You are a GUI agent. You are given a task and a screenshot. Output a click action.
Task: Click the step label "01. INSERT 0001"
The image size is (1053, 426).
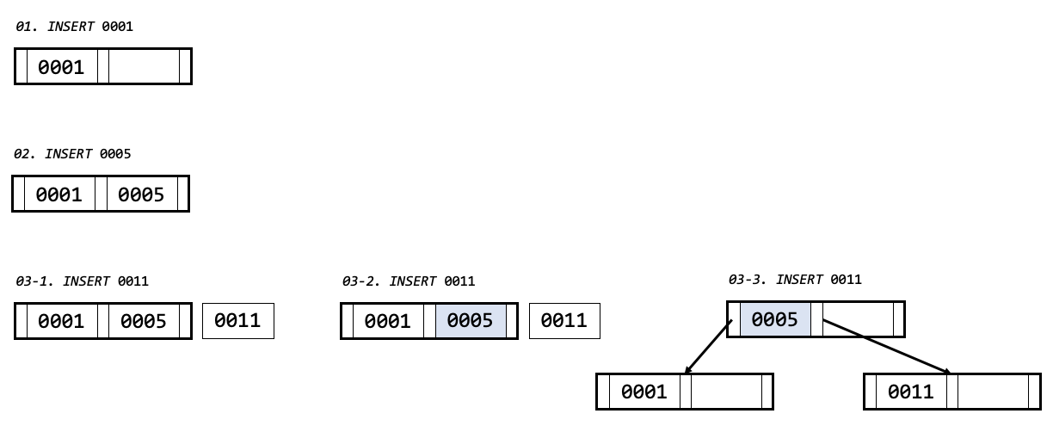coord(75,27)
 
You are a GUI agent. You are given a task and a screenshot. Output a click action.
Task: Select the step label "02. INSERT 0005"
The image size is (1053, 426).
coord(72,154)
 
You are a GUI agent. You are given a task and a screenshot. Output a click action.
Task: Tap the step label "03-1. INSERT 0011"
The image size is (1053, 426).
coord(83,281)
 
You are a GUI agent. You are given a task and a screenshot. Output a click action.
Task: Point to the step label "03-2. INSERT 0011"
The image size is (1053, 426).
coord(409,281)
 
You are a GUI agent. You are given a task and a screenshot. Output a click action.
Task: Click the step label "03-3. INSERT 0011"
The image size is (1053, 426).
coord(795,280)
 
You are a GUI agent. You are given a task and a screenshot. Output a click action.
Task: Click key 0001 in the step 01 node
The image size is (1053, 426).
coord(61,67)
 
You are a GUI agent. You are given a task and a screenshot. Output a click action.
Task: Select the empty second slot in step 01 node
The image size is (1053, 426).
coord(144,67)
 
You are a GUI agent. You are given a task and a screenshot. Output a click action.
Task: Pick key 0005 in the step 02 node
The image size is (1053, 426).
coord(141,194)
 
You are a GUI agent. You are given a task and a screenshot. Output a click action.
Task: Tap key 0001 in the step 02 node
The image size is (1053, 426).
coord(58,194)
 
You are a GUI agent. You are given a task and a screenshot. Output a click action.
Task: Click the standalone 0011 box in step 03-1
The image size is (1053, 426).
coord(237,321)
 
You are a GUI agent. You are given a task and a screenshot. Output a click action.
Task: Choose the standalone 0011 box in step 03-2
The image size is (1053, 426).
coord(563,321)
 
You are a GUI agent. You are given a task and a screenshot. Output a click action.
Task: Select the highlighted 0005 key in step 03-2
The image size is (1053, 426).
coord(470,321)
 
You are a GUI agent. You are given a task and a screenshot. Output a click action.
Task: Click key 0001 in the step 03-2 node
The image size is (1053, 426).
coord(387,321)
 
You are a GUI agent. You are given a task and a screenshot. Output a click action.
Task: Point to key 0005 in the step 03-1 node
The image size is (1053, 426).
coord(144,321)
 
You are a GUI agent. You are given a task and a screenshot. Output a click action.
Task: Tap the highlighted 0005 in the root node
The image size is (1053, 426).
coord(774,320)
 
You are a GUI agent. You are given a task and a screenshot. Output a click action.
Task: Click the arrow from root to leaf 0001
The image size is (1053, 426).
coord(709,347)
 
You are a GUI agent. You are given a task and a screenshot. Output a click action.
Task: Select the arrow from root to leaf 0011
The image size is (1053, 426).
coord(886,347)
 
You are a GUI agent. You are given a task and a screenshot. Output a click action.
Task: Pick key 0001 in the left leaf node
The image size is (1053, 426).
coord(643,392)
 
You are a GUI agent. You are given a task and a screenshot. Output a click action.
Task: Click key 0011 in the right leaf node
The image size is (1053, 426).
coord(911,392)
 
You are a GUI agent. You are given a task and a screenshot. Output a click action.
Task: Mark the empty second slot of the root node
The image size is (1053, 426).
coord(857,320)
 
